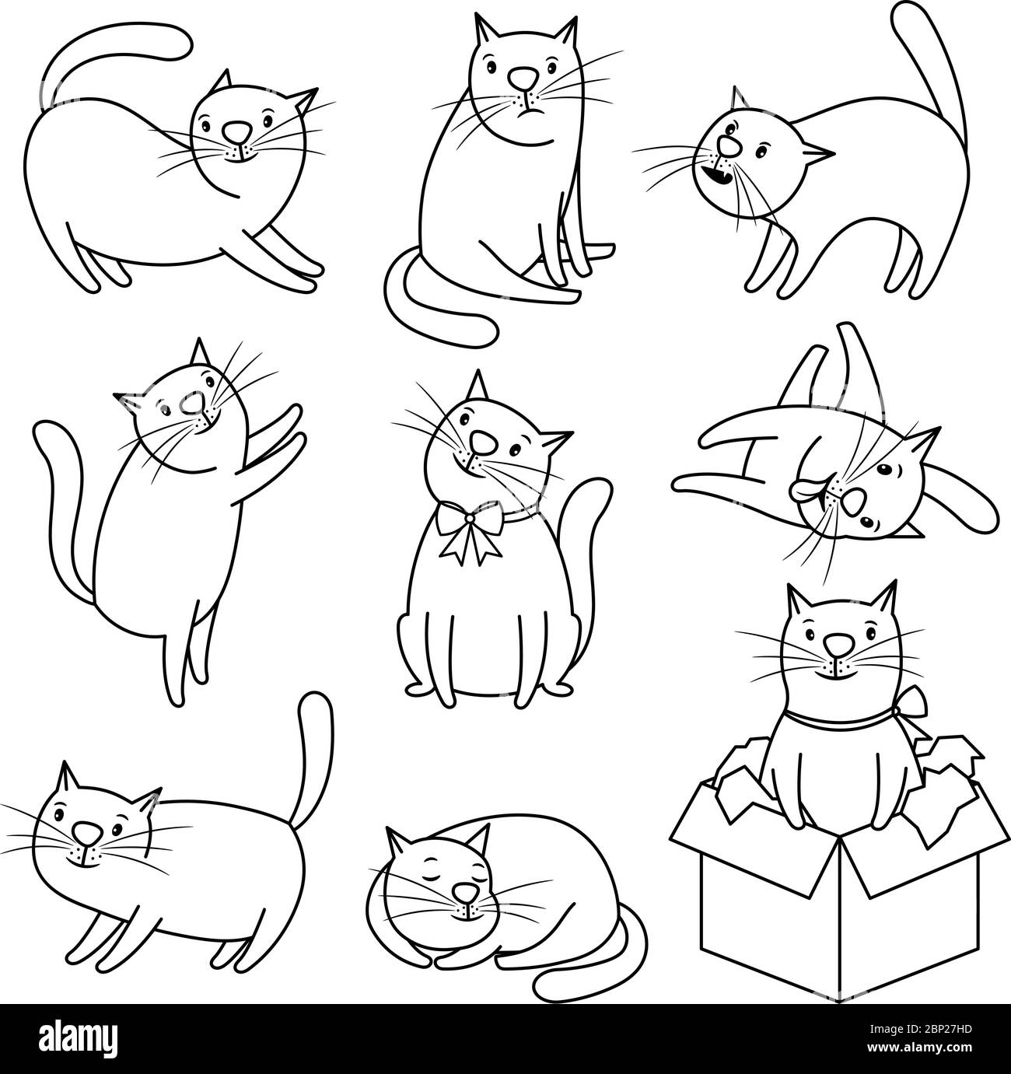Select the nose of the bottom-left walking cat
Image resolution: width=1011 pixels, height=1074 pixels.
click(x=87, y=834)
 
